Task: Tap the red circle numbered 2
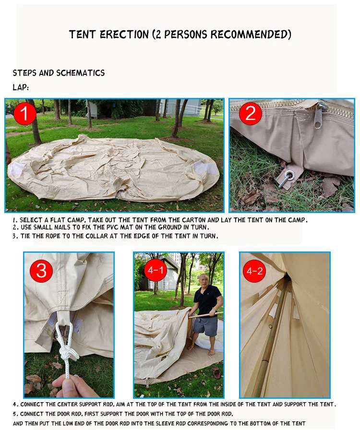coord(250,114)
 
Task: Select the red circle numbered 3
coord(41,271)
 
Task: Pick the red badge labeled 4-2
coord(254,270)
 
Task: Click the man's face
coord(204,281)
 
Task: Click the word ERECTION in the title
coord(125,35)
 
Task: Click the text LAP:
coord(21,88)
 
